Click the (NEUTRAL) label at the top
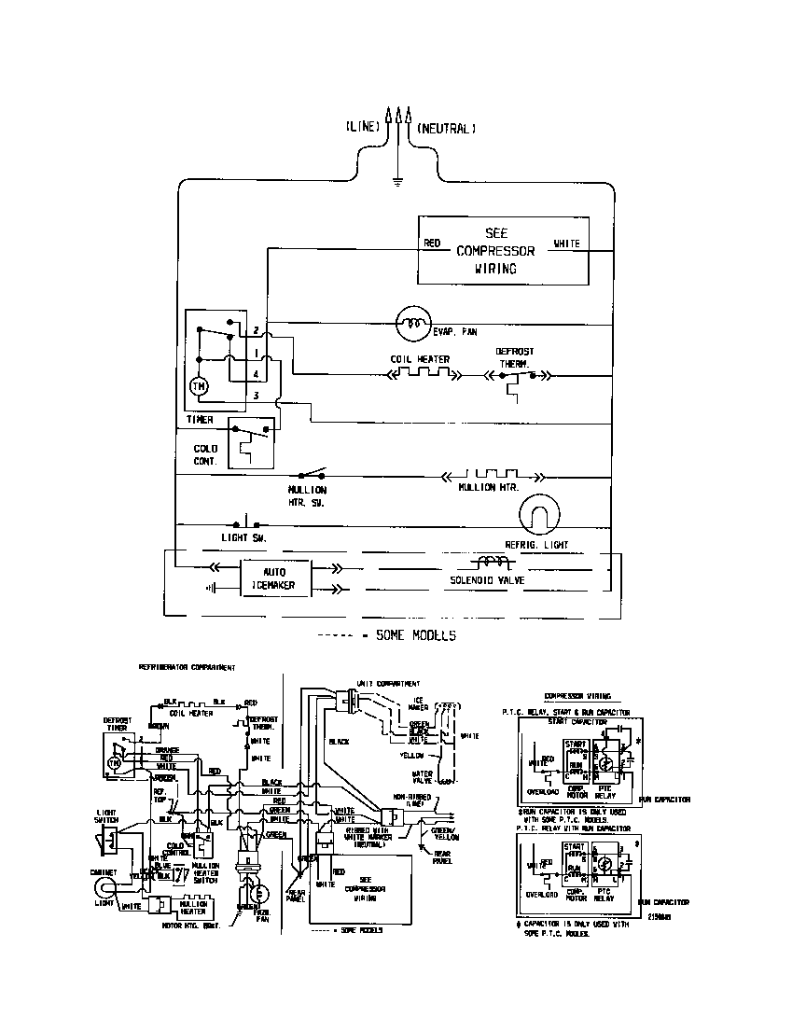click(x=447, y=128)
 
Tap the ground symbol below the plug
click(x=398, y=181)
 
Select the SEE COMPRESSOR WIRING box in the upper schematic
click(x=501, y=250)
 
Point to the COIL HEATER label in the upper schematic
click(x=420, y=359)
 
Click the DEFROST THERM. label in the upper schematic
click(x=515, y=357)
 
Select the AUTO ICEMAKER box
click(x=273, y=578)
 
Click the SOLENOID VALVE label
click(x=488, y=580)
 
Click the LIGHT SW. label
click(x=244, y=538)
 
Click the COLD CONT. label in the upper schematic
click(x=205, y=454)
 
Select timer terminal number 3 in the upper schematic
click(x=256, y=397)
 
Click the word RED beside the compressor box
click(x=432, y=244)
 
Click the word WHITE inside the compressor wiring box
click(x=566, y=244)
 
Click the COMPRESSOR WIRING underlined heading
click(x=577, y=695)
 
